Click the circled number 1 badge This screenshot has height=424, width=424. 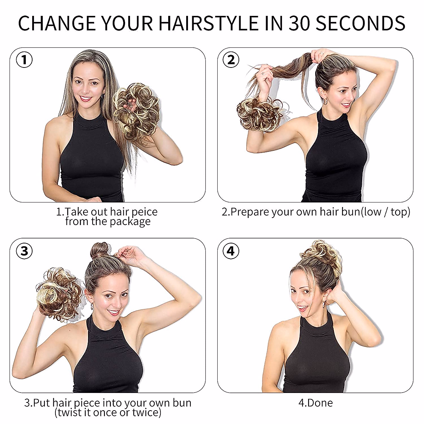click(24, 60)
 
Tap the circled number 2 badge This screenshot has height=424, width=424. click(231, 60)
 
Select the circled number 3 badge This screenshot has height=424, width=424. click(24, 251)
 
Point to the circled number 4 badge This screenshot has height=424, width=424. click(231, 251)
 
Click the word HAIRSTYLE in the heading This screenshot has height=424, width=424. click(208, 23)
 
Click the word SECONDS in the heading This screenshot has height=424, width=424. click(360, 23)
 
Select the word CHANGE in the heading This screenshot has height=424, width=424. click(57, 23)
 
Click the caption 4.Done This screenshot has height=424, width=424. click(316, 403)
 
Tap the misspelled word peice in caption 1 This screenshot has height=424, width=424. click(145, 212)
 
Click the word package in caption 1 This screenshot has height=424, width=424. click(130, 222)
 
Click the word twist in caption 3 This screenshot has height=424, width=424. click(70, 413)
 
